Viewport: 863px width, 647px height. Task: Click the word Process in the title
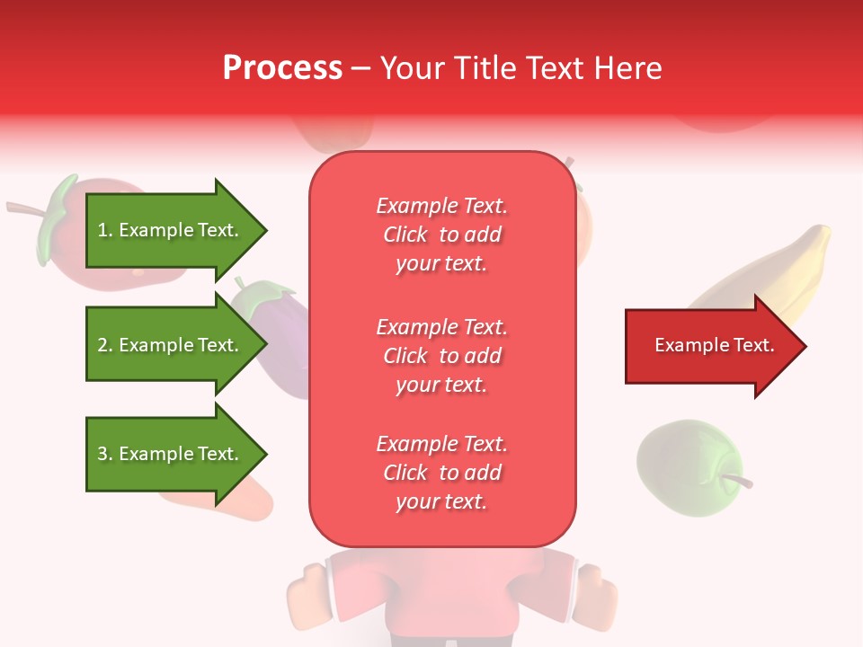tap(282, 68)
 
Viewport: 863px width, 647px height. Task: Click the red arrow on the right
tap(715, 346)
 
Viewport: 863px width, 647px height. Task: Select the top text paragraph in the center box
tap(441, 235)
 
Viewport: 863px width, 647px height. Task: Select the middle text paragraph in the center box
tap(441, 356)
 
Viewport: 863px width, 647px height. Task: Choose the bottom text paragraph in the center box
tap(441, 473)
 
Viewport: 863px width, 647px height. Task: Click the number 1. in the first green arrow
tap(105, 230)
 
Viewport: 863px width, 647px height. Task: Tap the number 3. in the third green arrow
tap(105, 454)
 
